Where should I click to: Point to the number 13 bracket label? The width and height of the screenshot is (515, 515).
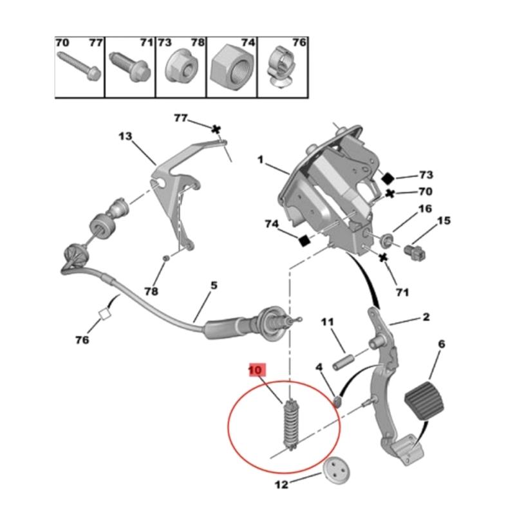point(125,136)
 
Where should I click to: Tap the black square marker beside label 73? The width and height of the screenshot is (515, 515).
point(388,177)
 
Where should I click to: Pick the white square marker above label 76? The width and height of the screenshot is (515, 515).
point(104,316)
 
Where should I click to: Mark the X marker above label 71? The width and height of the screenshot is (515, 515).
point(383,257)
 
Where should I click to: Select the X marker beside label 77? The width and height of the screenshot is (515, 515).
point(216,129)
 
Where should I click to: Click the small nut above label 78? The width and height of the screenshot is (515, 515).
point(165,258)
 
